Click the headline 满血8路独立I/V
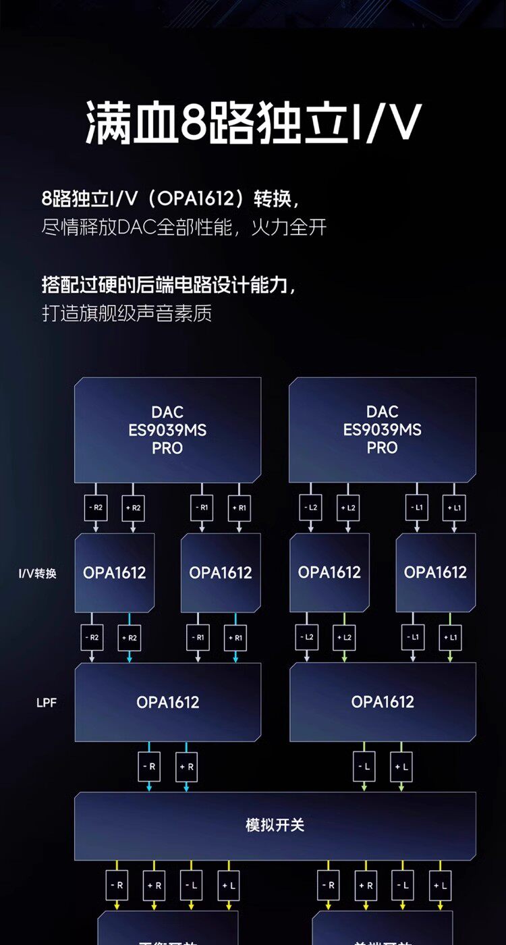(253, 124)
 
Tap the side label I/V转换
(37, 574)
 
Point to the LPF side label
(47, 703)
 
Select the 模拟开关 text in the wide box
(275, 825)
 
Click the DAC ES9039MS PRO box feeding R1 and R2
(167, 429)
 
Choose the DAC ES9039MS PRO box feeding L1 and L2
(383, 429)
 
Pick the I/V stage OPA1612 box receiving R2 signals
(115, 573)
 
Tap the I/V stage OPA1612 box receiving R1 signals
(221, 573)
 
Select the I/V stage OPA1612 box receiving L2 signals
(329, 573)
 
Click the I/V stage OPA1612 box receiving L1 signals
(435, 573)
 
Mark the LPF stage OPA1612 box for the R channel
(167, 702)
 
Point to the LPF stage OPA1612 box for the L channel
(383, 702)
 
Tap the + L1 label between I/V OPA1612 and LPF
(450, 637)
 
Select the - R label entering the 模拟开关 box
(149, 767)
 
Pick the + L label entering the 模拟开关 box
(401, 767)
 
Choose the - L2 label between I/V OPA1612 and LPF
(307, 637)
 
